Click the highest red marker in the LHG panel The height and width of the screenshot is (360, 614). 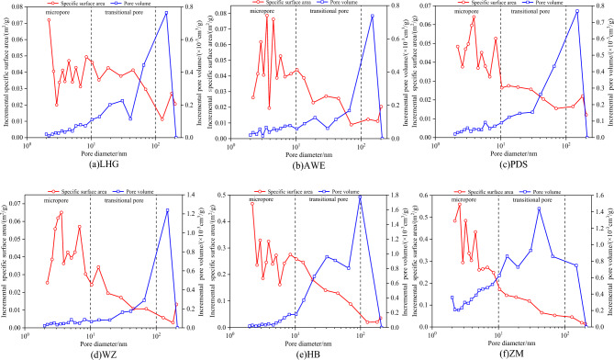(50, 20)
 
